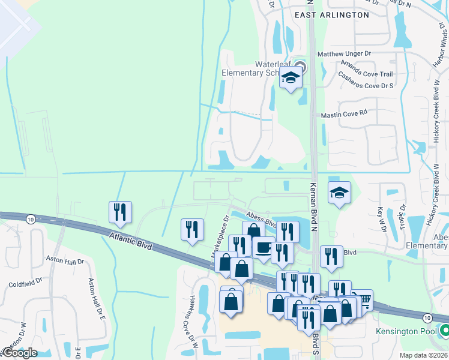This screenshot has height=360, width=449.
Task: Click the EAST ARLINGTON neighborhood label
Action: [x=331, y=14]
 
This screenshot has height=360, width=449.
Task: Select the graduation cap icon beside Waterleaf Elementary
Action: [x=291, y=78]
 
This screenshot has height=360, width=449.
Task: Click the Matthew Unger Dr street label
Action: [x=345, y=54]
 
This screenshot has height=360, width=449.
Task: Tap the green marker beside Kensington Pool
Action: [x=445, y=331]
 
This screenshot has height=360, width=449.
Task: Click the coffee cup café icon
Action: [x=263, y=248]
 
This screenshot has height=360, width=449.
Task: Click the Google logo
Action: [x=19, y=353]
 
